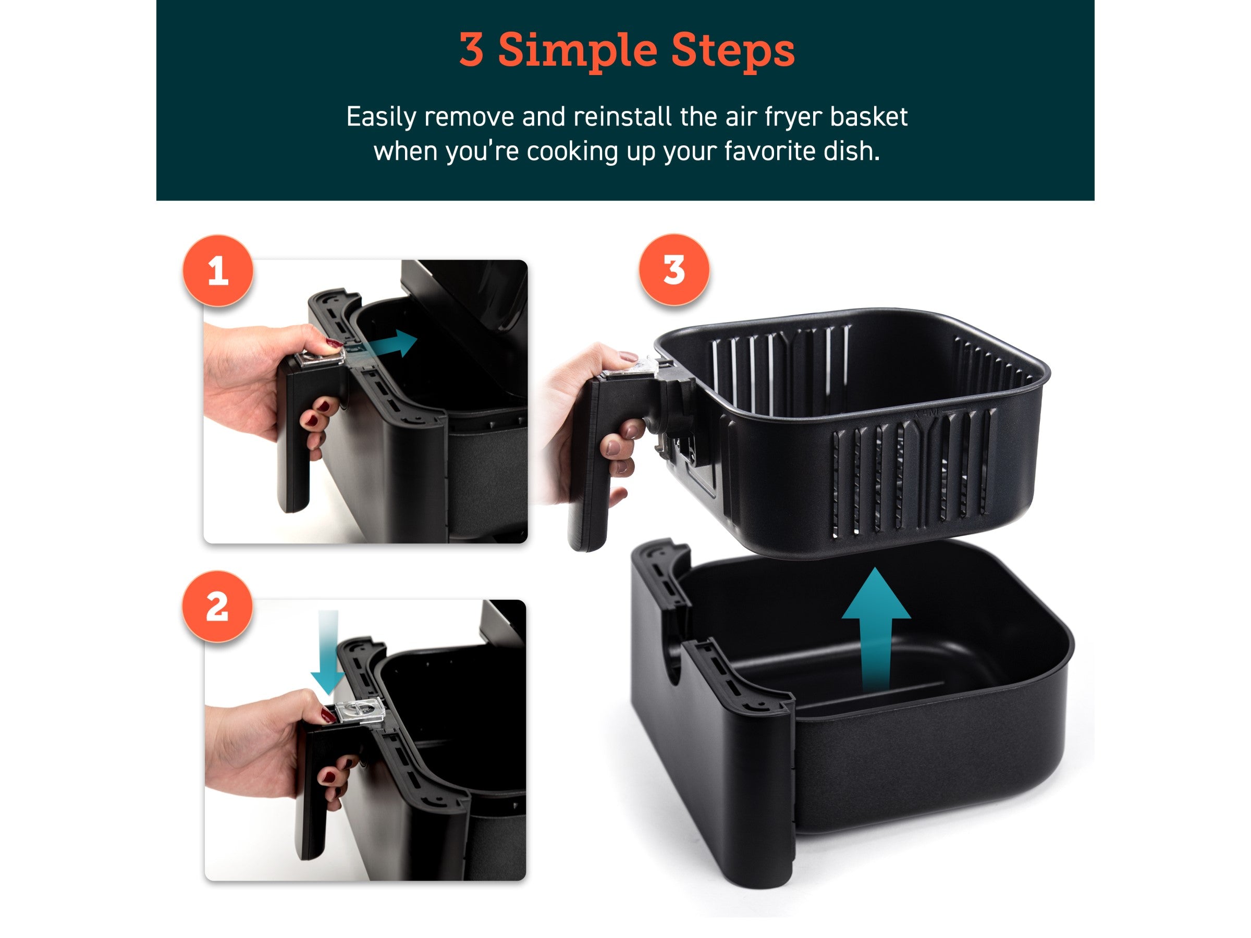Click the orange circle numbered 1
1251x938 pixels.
coord(218,271)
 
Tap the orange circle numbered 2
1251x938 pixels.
coord(217,606)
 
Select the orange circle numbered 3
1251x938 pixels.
coord(673,270)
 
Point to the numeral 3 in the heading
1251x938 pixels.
coord(471,50)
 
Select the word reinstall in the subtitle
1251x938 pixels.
coord(623,117)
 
